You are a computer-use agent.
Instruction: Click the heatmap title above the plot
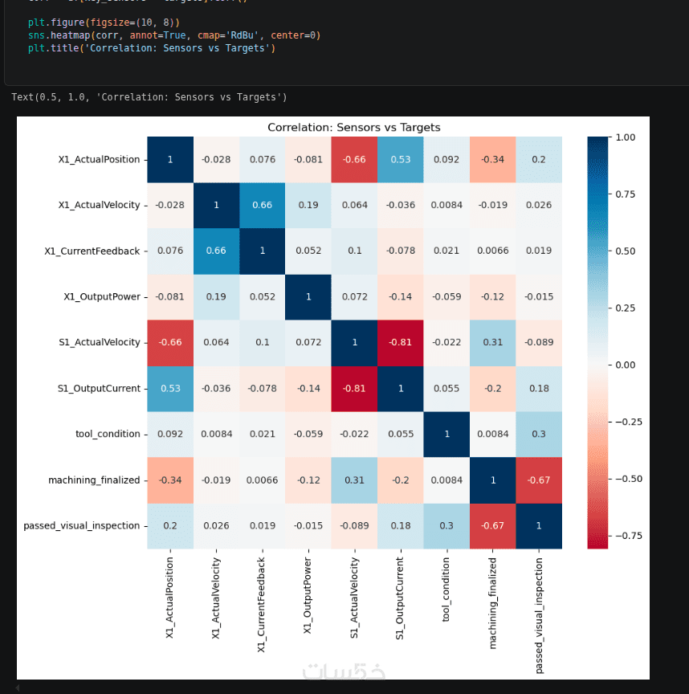click(353, 128)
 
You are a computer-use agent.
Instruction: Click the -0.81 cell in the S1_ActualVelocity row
click(400, 342)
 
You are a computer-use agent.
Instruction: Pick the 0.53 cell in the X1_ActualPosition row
click(400, 160)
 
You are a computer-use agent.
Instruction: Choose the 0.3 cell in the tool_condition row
click(538, 434)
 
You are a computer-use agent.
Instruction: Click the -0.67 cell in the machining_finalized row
click(538, 480)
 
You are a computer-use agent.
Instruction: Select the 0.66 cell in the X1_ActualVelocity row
click(262, 205)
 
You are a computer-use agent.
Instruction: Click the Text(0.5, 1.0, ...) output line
click(149, 97)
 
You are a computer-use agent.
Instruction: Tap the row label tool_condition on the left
click(107, 434)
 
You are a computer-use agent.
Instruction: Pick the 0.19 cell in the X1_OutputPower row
click(216, 296)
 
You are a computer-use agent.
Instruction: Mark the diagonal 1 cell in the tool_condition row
click(446, 434)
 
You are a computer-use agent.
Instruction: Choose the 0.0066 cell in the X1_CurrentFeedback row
click(492, 251)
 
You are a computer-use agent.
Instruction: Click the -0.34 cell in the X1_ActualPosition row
click(492, 160)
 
